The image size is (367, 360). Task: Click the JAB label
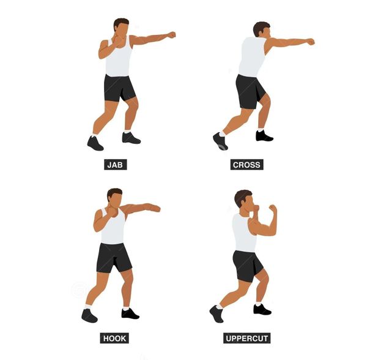[116, 165]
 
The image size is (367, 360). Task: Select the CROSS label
[247, 165]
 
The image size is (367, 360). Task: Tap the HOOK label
[114, 338]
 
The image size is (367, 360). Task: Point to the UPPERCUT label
[247, 338]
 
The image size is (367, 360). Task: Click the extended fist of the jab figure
[172, 35]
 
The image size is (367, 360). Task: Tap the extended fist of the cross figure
[311, 42]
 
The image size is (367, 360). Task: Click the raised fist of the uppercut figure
[273, 208]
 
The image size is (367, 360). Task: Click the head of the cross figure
[262, 30]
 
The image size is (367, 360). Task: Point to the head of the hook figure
[115, 198]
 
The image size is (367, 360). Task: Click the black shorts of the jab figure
[119, 88]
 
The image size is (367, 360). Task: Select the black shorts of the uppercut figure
[248, 266]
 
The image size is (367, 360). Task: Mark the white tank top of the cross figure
[252, 56]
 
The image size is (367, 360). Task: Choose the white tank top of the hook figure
[113, 227]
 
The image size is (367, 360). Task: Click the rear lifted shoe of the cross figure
[220, 141]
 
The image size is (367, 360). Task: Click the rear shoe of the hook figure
[89, 315]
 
